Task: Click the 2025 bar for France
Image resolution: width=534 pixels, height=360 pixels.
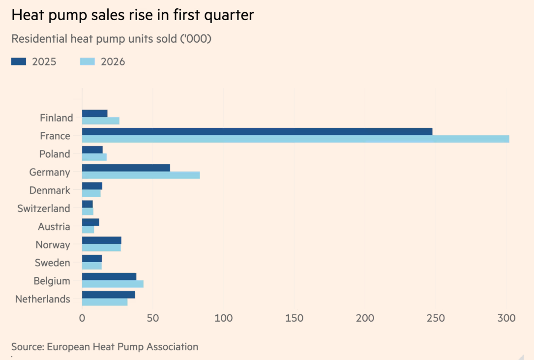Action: pos(257,131)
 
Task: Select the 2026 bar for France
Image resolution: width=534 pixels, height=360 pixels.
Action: pos(296,139)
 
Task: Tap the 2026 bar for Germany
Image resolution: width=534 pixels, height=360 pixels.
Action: pos(141,175)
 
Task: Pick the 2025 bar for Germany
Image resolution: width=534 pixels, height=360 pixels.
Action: pos(126,168)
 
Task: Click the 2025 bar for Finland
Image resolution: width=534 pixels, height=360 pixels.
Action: pos(95,114)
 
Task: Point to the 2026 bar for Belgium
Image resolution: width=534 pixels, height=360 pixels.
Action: pos(113,284)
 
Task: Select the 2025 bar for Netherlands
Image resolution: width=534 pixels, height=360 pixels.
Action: pos(109,295)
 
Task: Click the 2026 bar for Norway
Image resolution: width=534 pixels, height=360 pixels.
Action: pos(101,247)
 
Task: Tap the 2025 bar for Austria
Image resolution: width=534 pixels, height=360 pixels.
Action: pos(90,222)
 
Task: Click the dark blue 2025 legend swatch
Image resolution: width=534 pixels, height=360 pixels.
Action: pos(19,61)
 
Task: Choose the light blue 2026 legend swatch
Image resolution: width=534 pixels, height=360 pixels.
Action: pos(87,61)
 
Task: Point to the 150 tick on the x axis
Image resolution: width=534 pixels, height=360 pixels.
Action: pos(294,318)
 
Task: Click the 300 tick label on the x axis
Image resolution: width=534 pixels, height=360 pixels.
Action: pos(506,318)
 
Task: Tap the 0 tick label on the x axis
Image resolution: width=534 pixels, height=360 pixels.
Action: pos(82,318)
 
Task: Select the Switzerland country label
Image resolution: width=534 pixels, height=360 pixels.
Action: pos(44,209)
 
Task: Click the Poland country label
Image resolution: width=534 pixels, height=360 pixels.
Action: pos(55,154)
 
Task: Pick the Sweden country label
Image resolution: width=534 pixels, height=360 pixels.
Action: pos(53,263)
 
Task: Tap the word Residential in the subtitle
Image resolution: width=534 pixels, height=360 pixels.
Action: pos(39,39)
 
